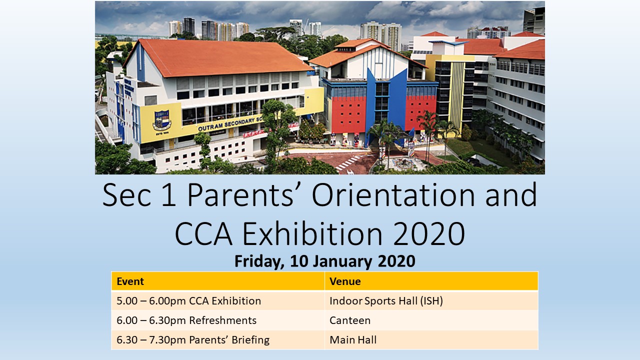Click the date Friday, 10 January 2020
click(x=324, y=261)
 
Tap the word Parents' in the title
click(x=245, y=195)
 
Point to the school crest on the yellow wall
click(x=162, y=120)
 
